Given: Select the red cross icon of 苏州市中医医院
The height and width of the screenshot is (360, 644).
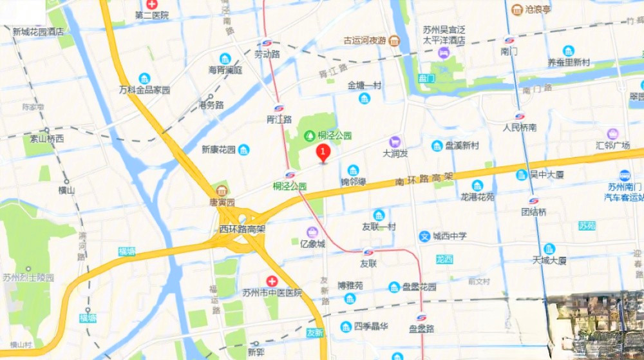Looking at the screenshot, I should point(272,281).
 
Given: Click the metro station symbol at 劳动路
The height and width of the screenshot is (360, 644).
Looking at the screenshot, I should point(267,44).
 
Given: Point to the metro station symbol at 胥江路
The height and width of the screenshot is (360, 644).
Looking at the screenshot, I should point(279,108).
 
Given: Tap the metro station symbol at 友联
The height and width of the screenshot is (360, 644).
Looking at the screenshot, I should point(368,252).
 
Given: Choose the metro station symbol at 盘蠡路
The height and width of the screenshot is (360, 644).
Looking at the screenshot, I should point(421,317).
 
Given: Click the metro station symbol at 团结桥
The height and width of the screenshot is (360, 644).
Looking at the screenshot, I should point(533,201).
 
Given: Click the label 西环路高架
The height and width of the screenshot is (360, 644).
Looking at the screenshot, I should point(243,229).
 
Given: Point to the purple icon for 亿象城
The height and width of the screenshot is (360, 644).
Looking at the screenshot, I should point(312,232).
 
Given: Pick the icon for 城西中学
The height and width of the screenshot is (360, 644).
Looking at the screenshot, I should point(424,236).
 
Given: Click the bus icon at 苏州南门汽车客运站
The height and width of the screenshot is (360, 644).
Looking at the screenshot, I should point(624,175).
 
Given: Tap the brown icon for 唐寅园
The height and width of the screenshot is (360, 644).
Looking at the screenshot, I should point(222,191).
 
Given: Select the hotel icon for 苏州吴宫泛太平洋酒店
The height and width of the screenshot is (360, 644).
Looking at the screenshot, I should point(444,52).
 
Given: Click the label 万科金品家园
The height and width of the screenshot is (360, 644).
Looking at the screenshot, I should point(145,90).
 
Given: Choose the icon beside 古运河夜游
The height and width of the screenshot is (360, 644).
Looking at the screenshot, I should point(393,41).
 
